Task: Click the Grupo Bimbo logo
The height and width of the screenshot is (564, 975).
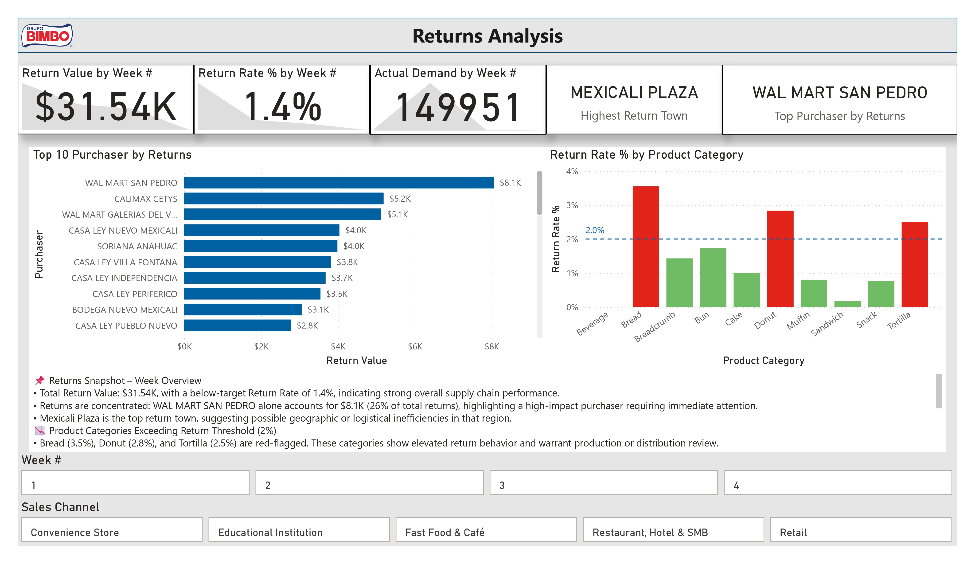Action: click(47, 35)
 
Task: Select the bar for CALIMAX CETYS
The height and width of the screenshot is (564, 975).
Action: click(284, 199)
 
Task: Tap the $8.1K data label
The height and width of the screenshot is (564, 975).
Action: click(510, 183)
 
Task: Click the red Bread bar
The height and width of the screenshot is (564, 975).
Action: click(645, 247)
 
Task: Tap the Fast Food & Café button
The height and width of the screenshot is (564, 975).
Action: click(486, 529)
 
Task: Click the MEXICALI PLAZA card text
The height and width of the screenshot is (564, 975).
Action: click(634, 93)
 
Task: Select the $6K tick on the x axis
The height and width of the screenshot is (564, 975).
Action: click(415, 346)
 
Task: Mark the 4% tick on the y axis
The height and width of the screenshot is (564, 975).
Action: click(572, 172)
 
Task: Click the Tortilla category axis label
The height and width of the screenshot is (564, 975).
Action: click(898, 321)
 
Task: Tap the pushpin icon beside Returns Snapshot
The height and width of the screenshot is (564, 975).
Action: click(39, 380)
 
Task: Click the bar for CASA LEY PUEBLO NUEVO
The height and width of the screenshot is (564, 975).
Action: click(237, 325)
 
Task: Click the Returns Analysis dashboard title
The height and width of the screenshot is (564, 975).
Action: click(487, 36)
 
